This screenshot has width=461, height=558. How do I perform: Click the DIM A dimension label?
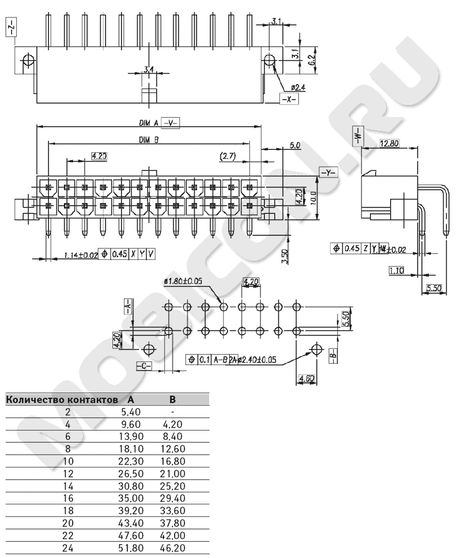pos(148,122)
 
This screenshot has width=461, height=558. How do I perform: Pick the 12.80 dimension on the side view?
pos(390,144)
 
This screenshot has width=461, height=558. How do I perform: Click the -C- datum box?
pos(144,366)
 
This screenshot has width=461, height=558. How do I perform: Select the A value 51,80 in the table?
pos(131,548)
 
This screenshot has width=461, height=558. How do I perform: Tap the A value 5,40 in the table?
pos(131,412)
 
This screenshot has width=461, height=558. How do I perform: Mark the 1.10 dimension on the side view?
pos(396,269)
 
